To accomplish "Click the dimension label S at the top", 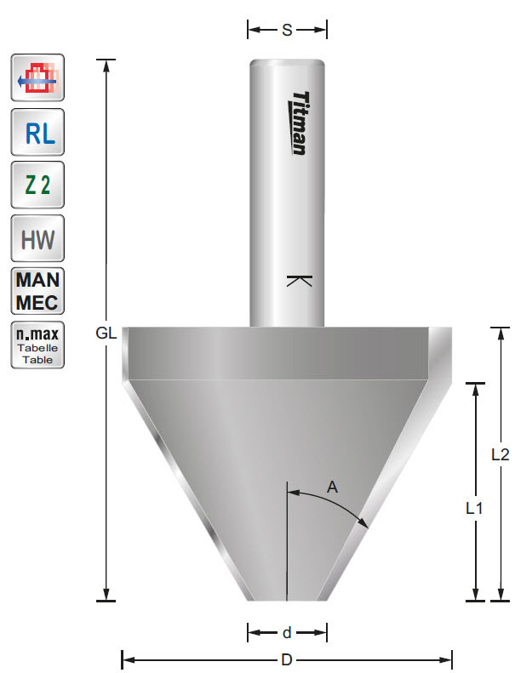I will click(287, 31).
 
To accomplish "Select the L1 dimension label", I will click(475, 508).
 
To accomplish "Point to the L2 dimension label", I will click(501, 454).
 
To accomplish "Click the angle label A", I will click(333, 487).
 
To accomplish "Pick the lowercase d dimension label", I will click(287, 632).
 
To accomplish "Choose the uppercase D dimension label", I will click(287, 659).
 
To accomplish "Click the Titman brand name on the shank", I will click(299, 123).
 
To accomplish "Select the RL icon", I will click(37, 133).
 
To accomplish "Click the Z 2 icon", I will click(37, 185).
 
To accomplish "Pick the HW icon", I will click(37, 238).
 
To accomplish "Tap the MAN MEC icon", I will click(37, 291).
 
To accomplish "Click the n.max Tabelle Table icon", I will click(37, 345).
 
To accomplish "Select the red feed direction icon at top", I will click(37, 80).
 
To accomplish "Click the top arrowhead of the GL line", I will click(106, 64).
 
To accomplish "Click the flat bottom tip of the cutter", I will click(287, 599).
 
